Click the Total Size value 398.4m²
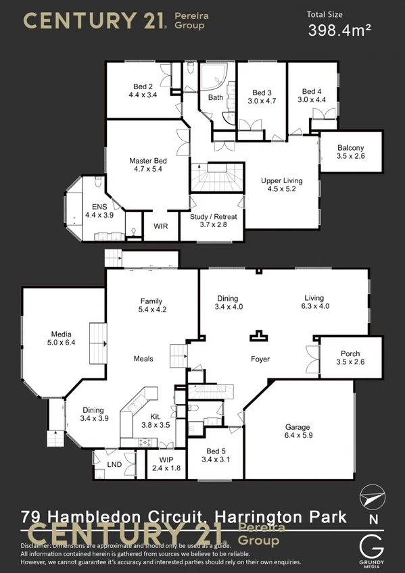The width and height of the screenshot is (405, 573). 339,30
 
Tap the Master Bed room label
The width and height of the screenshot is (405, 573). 148,161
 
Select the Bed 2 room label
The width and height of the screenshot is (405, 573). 142,86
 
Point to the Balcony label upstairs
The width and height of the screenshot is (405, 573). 350,148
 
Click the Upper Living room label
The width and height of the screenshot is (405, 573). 282,180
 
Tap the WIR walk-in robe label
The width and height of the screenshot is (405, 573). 161,226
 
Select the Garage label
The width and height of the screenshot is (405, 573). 297,427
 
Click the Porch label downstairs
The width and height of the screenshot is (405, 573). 350,353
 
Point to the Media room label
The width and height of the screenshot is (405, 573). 61,333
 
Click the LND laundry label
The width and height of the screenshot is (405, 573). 114,466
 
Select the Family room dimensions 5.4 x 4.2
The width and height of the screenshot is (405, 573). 152,309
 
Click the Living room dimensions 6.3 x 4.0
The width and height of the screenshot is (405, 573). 314,306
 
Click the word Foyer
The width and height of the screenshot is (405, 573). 260,359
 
